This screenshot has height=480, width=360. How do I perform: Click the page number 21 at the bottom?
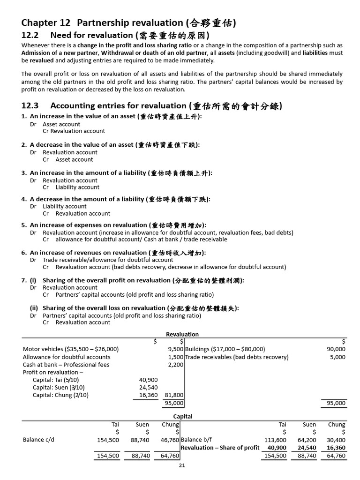coord(182,465)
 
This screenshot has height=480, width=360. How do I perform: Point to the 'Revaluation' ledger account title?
coord(182,334)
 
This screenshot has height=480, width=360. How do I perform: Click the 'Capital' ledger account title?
coord(182,416)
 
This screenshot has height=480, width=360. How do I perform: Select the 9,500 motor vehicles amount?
coord(175,349)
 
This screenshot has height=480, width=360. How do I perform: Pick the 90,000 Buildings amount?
coord(336,349)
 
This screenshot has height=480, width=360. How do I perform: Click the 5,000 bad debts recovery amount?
coord(337,357)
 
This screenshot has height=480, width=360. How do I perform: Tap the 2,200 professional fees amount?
coord(175,365)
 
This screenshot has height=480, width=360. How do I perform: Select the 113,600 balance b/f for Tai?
coord(275,440)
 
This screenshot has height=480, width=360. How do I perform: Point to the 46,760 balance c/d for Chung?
coord(170,440)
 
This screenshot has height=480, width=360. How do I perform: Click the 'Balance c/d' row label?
coord(38,440)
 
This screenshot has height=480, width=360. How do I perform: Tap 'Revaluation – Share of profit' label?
coord(220,448)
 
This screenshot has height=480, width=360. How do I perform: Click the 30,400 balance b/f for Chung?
coord(336,440)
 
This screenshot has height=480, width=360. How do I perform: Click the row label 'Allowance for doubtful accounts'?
coord(67,357)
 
